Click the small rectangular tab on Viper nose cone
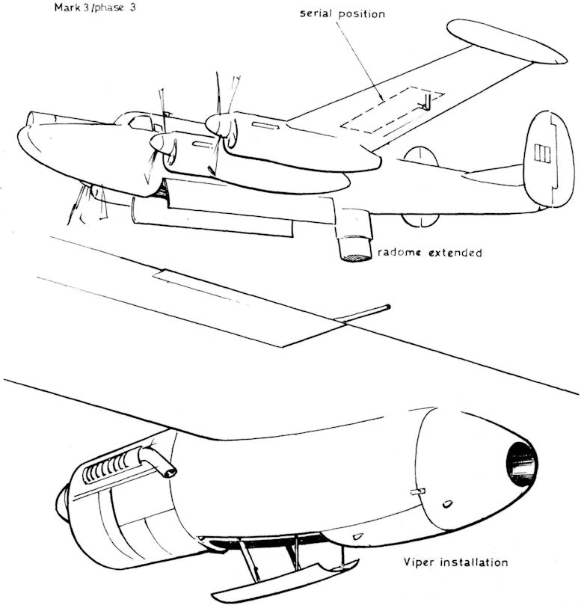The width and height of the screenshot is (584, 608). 417,491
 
